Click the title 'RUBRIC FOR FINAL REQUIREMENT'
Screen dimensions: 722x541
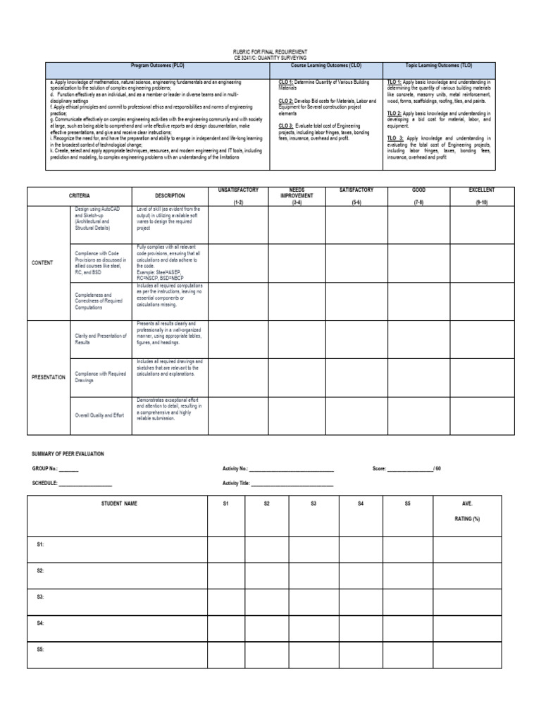(270, 51)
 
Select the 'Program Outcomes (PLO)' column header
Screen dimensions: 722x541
(158, 65)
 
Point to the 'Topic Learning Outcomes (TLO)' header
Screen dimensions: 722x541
(440, 65)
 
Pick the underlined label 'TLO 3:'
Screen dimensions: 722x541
(396, 138)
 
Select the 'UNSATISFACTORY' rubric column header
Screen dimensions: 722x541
(239, 190)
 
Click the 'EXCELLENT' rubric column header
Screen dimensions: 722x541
(482, 190)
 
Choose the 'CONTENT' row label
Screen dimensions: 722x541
(42, 262)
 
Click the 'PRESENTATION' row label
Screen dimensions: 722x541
(49, 377)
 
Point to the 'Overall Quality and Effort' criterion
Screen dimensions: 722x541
(99, 415)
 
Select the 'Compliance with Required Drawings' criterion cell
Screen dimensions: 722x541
(99, 377)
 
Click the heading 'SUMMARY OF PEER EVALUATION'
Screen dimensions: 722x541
(68, 454)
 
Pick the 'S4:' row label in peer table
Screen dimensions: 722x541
(41, 623)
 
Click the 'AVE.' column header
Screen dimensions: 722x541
(467, 503)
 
